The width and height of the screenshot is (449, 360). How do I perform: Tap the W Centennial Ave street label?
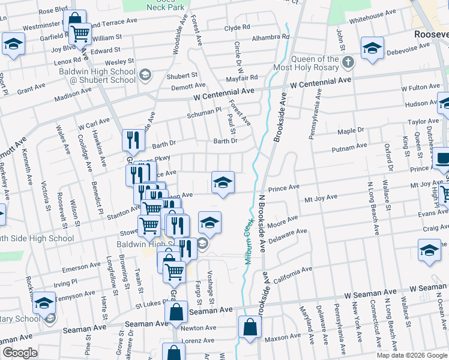pos(223,94)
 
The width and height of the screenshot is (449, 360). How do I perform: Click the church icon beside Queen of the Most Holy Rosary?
pos(348,62)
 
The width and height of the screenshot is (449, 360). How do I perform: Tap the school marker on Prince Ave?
pos(222,182)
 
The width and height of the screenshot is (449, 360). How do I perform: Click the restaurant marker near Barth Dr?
pos(133,140)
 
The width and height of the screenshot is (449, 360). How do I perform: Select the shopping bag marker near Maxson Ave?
pos(249,328)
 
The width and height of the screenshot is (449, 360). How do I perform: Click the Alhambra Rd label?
pos(271,37)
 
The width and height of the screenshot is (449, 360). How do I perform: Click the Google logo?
pos(20,353)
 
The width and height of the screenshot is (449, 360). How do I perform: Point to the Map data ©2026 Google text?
pos(411,355)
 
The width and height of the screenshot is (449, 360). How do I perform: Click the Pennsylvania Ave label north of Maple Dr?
pos(316,115)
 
